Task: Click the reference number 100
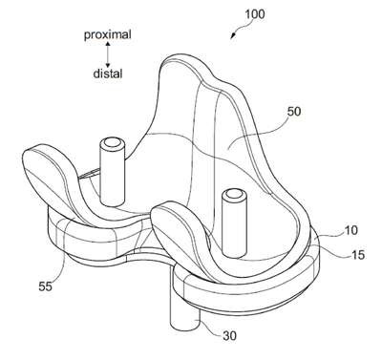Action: [x=255, y=14]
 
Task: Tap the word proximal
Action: [x=108, y=34]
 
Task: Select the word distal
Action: [x=108, y=74]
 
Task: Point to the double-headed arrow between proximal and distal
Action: [x=108, y=54]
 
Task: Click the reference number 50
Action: [x=294, y=112]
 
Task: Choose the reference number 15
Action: [x=358, y=255]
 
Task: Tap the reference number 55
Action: [x=45, y=286]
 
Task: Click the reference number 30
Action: [x=230, y=336]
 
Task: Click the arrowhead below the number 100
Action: [x=234, y=34]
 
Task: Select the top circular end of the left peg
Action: [x=111, y=143]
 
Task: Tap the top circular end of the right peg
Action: [x=234, y=195]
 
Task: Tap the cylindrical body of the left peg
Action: [x=112, y=174]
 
